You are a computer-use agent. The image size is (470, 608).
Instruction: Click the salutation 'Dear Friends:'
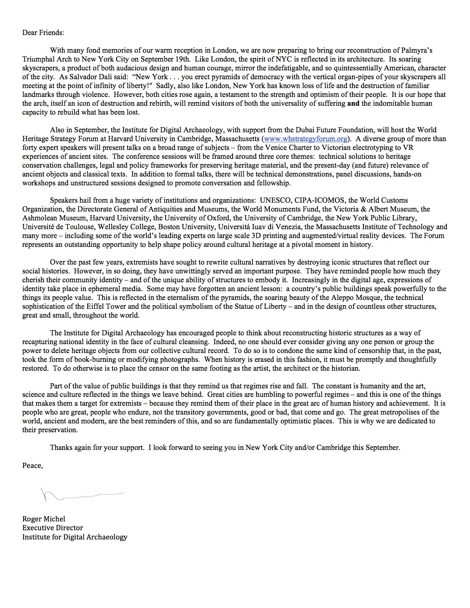tap(43, 32)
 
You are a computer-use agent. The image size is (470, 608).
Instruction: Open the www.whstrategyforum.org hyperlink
tap(306, 139)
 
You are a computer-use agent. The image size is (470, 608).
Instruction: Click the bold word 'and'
tap(353, 104)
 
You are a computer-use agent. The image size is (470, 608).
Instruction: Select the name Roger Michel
tap(43, 519)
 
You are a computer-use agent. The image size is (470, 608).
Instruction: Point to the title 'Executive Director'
tap(53, 528)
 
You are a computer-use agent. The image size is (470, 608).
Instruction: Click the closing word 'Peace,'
tap(32, 465)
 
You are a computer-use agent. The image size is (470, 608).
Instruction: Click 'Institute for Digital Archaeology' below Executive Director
tap(75, 537)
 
